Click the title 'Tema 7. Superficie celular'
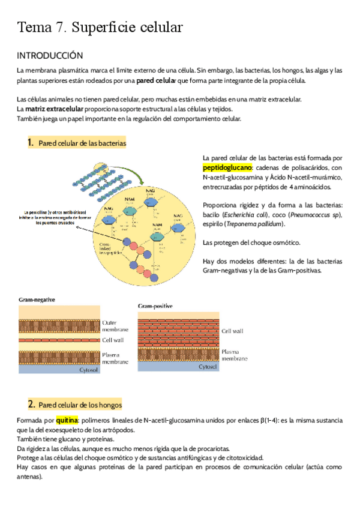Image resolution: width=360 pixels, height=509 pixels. coord(100,28)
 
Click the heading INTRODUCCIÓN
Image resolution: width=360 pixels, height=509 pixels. coord(49,56)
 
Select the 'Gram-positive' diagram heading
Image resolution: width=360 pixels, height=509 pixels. coord(155,306)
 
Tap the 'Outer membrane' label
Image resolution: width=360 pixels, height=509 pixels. coord(115,326)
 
